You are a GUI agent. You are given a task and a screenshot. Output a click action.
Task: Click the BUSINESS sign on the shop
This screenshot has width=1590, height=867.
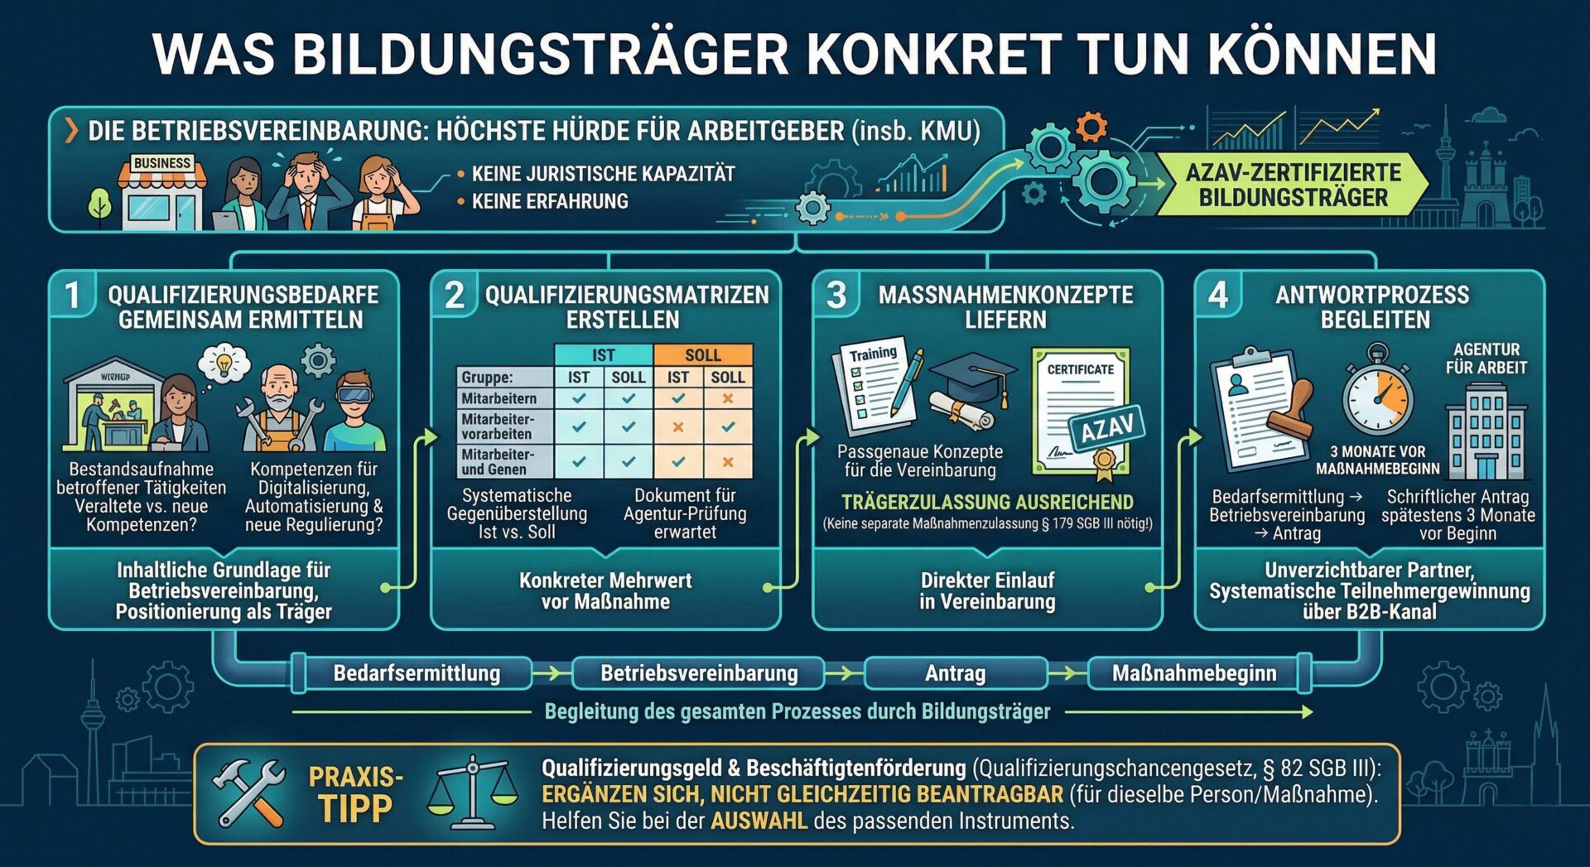point(162,163)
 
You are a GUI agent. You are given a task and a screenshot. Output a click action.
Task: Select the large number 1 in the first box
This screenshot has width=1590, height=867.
point(73,296)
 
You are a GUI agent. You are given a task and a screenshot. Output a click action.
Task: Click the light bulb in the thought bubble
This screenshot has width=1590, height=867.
point(224,363)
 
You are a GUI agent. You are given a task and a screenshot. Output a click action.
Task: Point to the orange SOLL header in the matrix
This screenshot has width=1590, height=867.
point(702,354)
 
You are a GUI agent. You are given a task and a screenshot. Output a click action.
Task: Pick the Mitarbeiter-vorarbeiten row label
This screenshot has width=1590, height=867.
point(498,426)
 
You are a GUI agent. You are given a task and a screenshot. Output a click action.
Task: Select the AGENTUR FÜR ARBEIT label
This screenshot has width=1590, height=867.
point(1486,359)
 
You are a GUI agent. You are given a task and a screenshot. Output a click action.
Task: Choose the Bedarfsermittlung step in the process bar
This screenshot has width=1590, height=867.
point(417,673)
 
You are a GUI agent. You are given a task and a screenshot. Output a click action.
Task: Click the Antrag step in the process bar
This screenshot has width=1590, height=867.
point(955,673)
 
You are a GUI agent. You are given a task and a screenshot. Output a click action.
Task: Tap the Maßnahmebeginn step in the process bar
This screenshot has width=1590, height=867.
point(1193,673)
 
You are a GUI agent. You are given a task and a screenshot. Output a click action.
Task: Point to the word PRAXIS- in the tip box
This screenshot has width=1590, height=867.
point(355,777)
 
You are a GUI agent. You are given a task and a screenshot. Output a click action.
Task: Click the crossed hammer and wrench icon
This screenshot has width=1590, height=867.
point(248,794)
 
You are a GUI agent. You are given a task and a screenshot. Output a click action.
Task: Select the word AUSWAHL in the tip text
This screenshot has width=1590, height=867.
point(759,821)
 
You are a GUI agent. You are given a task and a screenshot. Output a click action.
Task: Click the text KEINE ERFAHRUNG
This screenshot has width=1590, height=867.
point(550,201)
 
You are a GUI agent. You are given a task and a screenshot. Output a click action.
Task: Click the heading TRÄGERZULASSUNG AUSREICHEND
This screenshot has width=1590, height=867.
point(987,502)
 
